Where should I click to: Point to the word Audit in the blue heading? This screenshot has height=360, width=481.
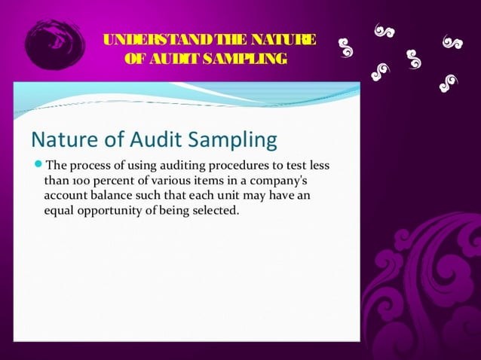tap(149, 140)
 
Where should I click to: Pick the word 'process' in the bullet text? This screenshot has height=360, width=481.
tap(91, 165)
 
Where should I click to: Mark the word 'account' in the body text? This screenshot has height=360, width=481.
tap(66, 196)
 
